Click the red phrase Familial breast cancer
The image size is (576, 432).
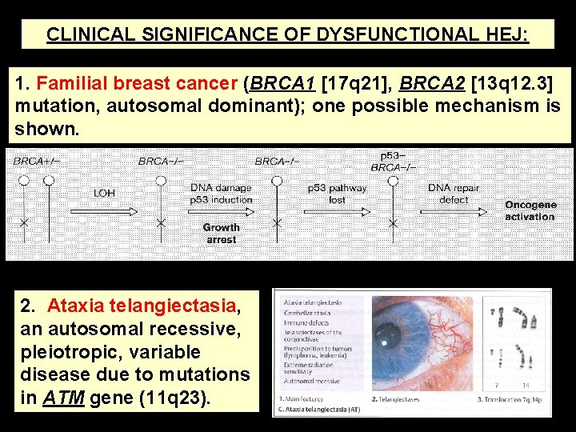[139, 83]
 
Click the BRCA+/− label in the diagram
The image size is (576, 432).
[36, 161]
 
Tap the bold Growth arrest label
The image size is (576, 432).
[221, 234]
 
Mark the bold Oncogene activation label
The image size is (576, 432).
[530, 211]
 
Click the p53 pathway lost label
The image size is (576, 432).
[337, 194]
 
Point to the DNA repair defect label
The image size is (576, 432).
[454, 194]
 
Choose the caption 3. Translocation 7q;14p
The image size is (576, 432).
[510, 398]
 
